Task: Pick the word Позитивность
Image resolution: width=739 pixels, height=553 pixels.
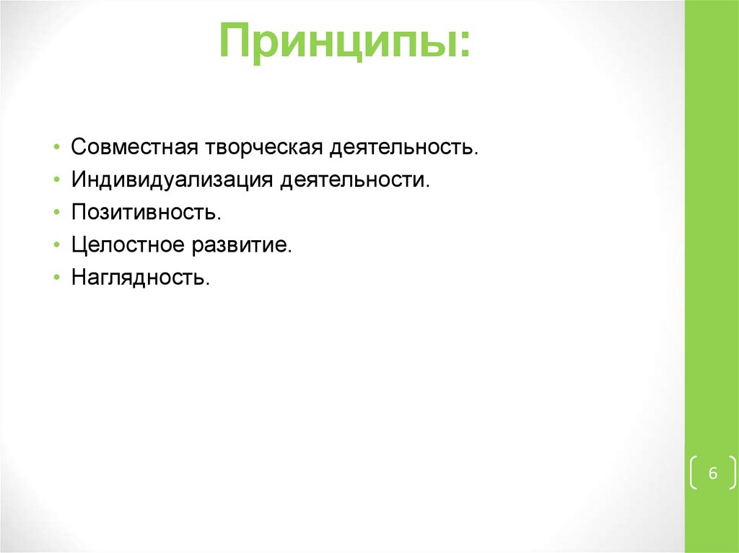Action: pos(145,213)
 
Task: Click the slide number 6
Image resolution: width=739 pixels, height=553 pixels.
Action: pos(713,474)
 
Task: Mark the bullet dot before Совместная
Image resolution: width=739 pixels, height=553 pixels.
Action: pos(57,147)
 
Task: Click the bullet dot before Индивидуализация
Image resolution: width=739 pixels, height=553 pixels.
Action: pos(57,180)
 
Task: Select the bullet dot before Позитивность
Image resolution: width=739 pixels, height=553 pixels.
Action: pos(57,213)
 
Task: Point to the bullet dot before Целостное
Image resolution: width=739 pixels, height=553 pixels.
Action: pos(57,246)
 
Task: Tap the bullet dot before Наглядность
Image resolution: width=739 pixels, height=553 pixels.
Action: pos(57,278)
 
